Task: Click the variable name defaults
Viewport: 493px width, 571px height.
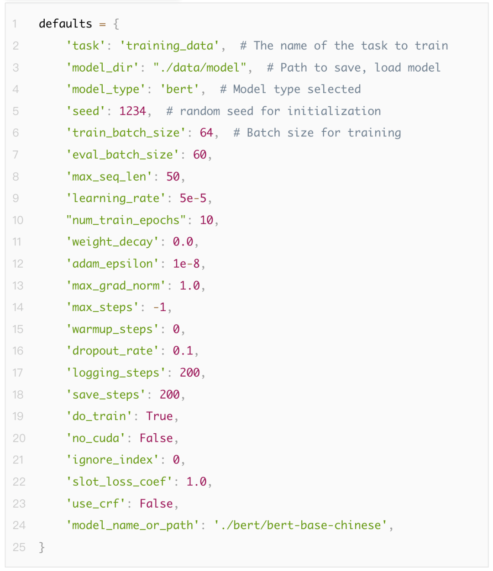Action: pyautogui.click(x=65, y=24)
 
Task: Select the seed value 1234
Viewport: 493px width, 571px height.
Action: pyautogui.click(x=132, y=111)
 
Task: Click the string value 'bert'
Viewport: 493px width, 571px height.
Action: pyautogui.click(x=179, y=89)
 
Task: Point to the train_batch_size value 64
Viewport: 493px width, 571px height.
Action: pyautogui.click(x=206, y=133)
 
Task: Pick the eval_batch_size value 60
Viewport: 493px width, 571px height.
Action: pyautogui.click(x=200, y=155)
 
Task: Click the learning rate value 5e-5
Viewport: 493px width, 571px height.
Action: pyautogui.click(x=193, y=198)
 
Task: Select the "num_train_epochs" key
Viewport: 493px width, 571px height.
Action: pyautogui.click(x=126, y=220)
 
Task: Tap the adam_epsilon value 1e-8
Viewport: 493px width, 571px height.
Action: pyautogui.click(x=186, y=264)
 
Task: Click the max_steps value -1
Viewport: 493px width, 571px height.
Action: pyautogui.click(x=160, y=307)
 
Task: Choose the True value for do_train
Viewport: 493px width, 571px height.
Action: pyautogui.click(x=159, y=416)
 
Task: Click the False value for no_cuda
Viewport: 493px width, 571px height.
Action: pyautogui.click(x=156, y=438)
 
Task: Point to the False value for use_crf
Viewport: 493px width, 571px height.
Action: pyautogui.click(x=156, y=504)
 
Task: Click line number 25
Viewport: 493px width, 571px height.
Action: pyautogui.click(x=19, y=547)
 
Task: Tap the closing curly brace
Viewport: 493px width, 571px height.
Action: pyautogui.click(x=42, y=547)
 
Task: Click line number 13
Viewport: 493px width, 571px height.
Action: pyautogui.click(x=18, y=285)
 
